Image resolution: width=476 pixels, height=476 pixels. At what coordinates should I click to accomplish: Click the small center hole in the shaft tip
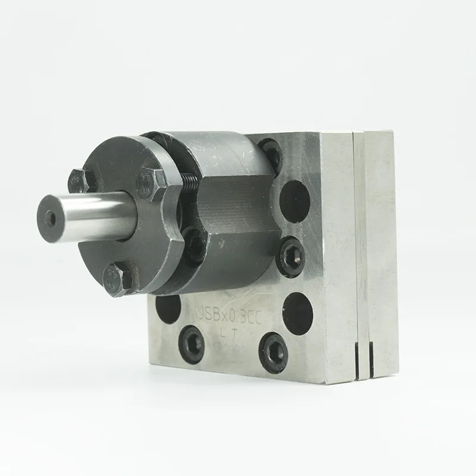coord(52,218)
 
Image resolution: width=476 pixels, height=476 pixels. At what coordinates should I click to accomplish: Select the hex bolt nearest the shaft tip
coord(79,180)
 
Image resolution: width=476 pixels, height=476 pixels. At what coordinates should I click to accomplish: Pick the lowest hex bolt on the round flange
coord(115,280)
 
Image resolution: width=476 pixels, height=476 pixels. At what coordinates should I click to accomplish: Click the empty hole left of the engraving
coord(168,308)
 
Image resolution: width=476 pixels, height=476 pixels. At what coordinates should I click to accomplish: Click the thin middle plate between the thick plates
coord(361,250)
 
